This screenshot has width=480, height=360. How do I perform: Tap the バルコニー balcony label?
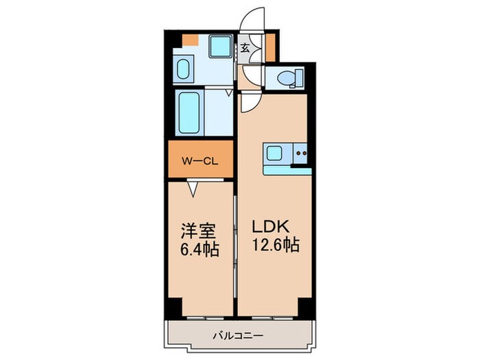(239, 335)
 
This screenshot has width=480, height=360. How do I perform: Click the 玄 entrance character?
(245, 48)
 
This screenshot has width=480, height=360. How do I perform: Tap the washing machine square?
(220, 47)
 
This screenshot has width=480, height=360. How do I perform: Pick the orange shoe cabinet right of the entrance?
(269, 46)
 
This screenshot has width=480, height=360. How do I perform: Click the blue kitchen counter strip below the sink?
(287, 170)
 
